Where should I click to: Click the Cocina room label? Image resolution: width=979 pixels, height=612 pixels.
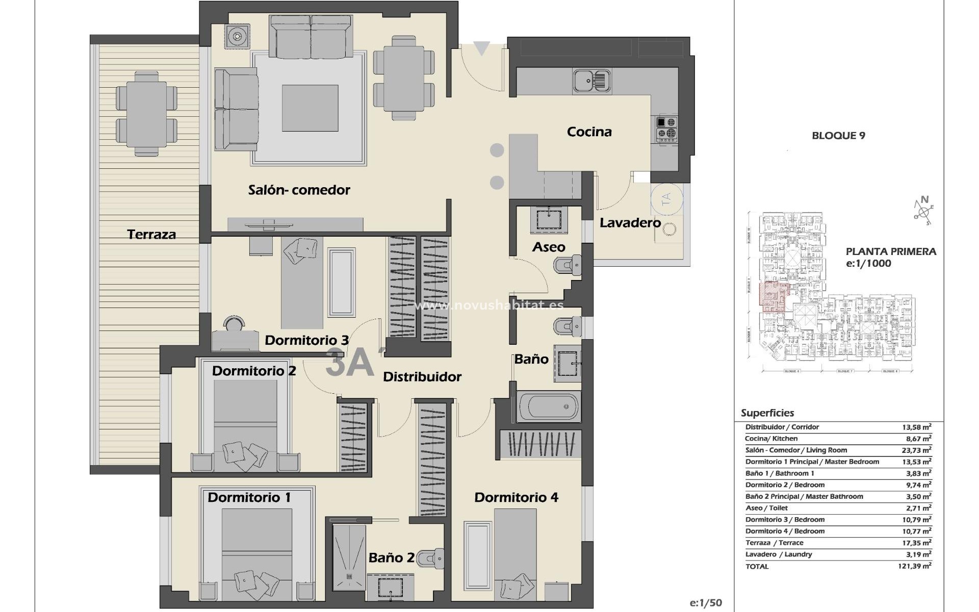point(589,132)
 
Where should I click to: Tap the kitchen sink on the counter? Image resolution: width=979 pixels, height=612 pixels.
point(591,81)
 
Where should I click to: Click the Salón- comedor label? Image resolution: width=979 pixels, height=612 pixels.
point(299,190)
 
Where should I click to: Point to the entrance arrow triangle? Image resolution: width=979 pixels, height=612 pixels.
point(481,48)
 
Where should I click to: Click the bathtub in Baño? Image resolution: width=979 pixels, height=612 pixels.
point(549,407)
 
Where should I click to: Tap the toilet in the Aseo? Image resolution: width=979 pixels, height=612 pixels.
point(568,266)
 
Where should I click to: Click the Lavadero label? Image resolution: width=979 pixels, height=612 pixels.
point(630,223)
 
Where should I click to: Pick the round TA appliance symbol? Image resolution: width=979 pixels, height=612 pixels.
point(666,199)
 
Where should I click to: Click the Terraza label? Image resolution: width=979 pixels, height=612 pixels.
point(151,235)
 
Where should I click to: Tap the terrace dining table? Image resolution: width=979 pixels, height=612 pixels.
point(147,113)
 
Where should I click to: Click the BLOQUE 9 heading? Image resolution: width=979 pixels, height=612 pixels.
point(838,136)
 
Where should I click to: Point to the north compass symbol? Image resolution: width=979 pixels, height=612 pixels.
point(923,209)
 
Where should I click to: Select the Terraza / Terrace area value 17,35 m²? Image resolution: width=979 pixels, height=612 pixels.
point(916,543)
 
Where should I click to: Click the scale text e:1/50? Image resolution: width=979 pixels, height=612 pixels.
point(706,603)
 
